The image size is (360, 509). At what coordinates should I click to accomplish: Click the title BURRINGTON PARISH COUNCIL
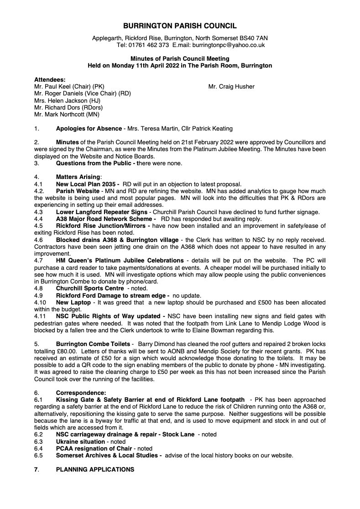pos(180,27)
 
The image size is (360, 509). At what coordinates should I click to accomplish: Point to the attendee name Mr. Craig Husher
pos(231,87)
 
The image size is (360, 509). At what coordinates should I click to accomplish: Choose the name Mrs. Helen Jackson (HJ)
pos(67,100)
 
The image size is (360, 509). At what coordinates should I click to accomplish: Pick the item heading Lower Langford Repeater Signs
pos(99,211)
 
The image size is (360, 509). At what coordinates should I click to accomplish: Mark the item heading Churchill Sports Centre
pos(90,288)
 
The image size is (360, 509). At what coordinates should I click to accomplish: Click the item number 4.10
pos(41,302)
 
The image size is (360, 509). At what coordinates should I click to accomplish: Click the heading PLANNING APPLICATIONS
pos(95,469)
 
